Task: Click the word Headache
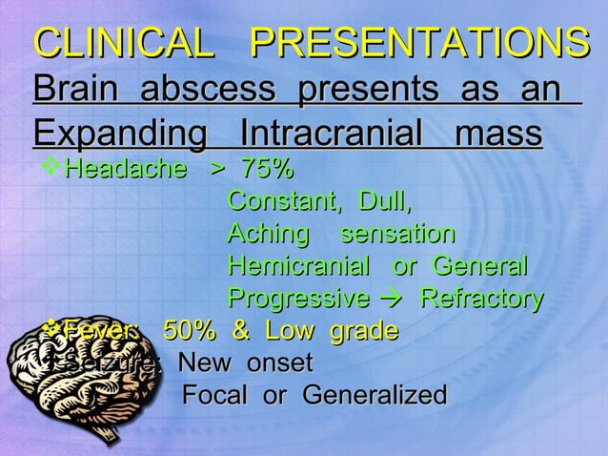[x=125, y=171]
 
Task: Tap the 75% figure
[x=266, y=171]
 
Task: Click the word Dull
[x=385, y=202]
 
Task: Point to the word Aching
[x=269, y=234]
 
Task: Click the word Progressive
[x=298, y=299]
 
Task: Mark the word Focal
[x=218, y=395]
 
